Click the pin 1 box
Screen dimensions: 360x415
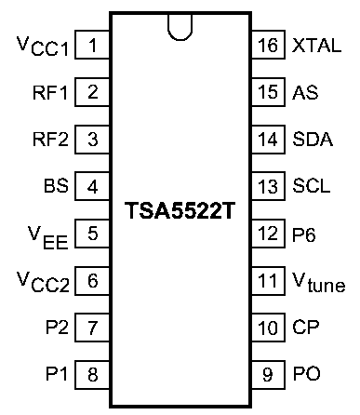92,45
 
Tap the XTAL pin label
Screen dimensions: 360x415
316,46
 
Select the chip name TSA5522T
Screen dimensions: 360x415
180,211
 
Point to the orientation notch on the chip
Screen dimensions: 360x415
180,27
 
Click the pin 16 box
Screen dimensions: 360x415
268,45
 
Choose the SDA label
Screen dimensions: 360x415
313,140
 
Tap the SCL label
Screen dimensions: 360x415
312,186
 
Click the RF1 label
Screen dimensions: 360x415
50,92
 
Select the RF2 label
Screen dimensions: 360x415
50,140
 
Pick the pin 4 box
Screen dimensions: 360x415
92,186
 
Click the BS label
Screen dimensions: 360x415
56,186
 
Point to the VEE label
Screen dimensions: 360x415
47,238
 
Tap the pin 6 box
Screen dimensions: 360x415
92,280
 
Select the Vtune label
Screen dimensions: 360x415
319,282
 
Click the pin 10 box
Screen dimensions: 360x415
268,328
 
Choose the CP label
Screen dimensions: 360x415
306,328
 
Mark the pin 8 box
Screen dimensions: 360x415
92,375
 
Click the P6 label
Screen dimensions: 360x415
304,234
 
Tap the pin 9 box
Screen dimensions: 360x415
268,375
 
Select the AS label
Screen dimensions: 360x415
305,92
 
